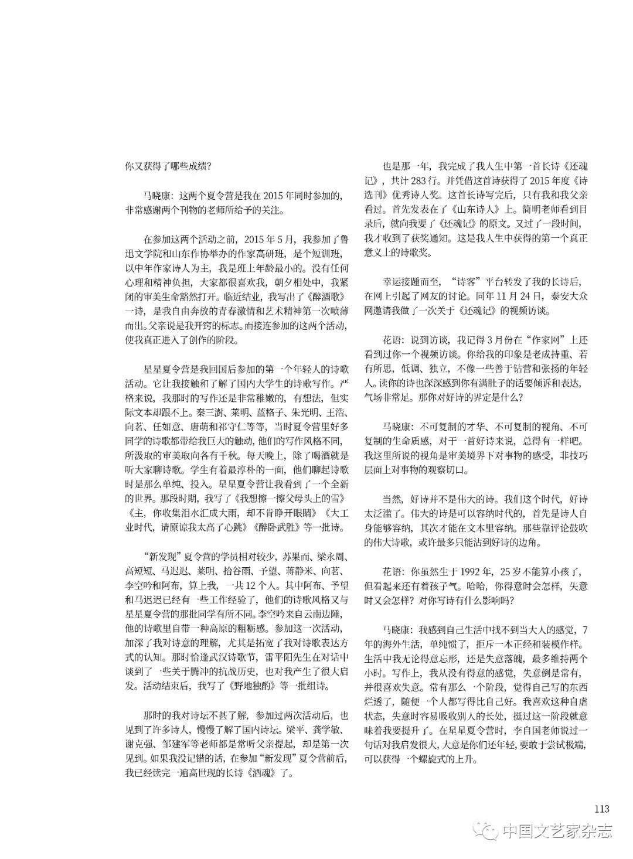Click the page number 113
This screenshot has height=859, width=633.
[601, 809]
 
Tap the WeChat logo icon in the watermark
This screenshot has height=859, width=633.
[489, 830]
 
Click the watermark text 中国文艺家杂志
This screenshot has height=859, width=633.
[557, 831]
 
